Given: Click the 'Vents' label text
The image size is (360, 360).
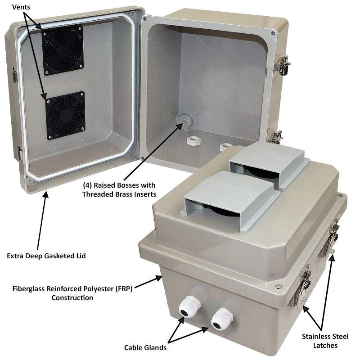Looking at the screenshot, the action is click(x=21, y=7).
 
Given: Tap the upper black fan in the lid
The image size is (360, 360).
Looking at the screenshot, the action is click(x=63, y=50).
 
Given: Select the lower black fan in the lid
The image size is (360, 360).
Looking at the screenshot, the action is click(x=65, y=115).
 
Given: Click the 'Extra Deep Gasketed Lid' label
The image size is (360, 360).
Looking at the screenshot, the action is click(x=46, y=256).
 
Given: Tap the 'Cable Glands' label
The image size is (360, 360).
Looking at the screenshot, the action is click(x=145, y=347).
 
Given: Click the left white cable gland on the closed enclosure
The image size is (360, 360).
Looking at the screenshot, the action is click(x=189, y=306).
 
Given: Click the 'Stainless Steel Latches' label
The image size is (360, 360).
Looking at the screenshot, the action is click(x=325, y=341).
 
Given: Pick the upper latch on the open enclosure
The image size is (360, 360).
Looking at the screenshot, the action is click(x=282, y=65).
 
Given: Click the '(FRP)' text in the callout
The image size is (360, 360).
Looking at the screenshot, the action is click(x=123, y=288).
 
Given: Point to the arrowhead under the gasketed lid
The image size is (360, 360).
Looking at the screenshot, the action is click(x=46, y=194).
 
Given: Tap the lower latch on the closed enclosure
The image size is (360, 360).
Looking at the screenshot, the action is click(x=302, y=287).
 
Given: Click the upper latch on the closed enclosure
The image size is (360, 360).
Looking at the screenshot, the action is click(x=331, y=239).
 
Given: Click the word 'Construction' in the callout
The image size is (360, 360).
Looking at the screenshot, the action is click(x=72, y=298).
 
